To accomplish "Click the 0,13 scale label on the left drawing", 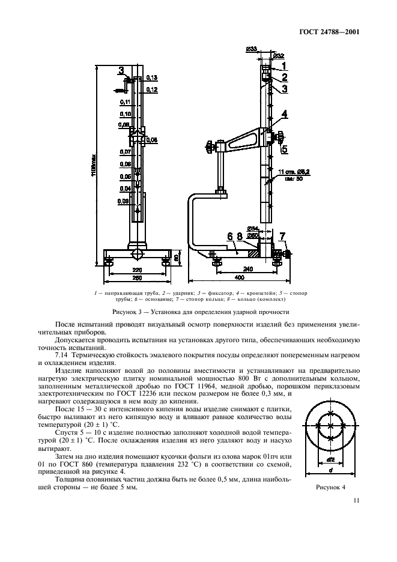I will pos(151,77).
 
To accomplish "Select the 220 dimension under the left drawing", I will pos(137,270).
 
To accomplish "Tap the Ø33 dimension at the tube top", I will pos(252,49).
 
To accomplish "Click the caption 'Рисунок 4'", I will pos(332,488).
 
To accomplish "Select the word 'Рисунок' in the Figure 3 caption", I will pos(127,312).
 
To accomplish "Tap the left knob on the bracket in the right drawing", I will pos(210,146).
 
